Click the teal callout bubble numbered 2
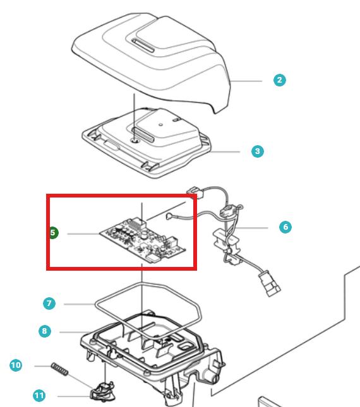(280, 80)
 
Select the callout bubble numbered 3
(258, 151)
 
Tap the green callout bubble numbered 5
(53, 233)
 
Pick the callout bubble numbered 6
(285, 227)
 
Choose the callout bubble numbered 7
(49, 304)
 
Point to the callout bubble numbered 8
(45, 331)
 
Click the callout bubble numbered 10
(16, 365)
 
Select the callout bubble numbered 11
(39, 396)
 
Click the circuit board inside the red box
(143, 240)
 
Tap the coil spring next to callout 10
(60, 369)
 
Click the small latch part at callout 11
(102, 391)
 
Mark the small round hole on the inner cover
(161, 124)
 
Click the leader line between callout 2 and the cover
(246, 81)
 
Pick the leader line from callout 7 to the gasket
(80, 304)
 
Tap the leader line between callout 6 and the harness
(251, 228)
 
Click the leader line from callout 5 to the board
(83, 234)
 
